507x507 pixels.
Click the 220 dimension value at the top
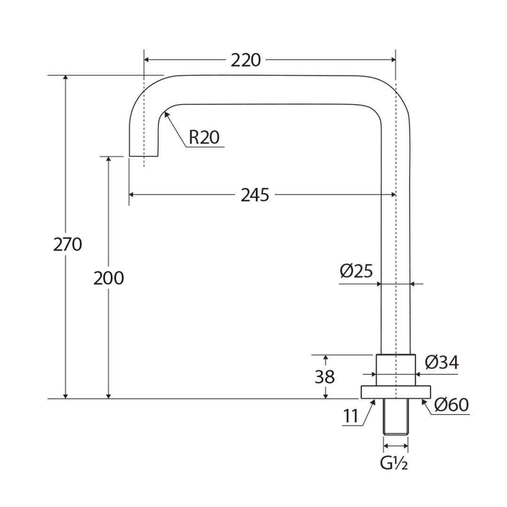tap(246, 60)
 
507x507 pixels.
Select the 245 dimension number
tap(255, 195)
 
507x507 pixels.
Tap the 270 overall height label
tap(68, 245)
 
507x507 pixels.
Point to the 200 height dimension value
tap(108, 278)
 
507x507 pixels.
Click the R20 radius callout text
tap(204, 138)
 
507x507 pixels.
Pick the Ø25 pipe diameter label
tap(356, 271)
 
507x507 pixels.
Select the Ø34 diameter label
tap(441, 362)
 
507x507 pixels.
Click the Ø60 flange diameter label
tap(451, 405)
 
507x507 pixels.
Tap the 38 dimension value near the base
tap(324, 377)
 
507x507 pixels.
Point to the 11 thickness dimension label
tap(351, 416)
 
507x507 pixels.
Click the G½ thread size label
tap(393, 463)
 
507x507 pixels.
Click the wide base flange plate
tap(396, 392)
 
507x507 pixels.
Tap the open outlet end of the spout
tap(144, 155)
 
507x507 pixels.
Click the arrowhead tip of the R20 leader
tap(165, 113)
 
